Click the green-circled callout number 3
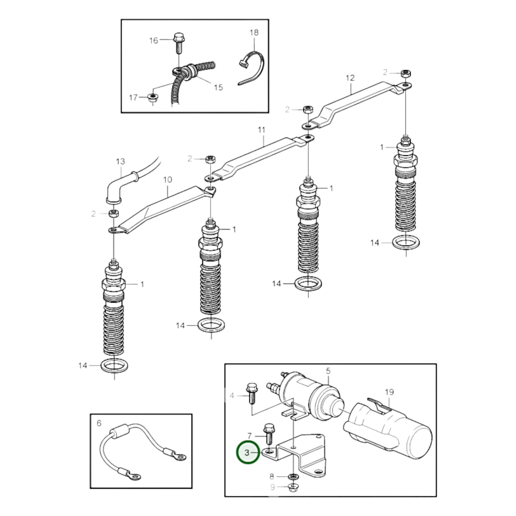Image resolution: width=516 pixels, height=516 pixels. (247, 452)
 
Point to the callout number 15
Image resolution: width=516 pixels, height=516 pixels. (218, 87)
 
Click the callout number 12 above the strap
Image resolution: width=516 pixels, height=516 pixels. (350, 77)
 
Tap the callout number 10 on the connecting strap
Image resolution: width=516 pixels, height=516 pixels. (167, 179)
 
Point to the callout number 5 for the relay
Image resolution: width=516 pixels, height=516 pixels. (328, 371)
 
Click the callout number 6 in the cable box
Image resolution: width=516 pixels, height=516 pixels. (99, 423)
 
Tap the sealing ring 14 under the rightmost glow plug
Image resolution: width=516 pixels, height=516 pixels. (406, 243)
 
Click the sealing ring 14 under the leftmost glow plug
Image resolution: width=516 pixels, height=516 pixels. (114, 366)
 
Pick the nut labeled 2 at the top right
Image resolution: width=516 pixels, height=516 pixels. (405, 74)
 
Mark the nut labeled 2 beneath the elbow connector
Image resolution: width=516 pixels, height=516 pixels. (113, 214)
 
